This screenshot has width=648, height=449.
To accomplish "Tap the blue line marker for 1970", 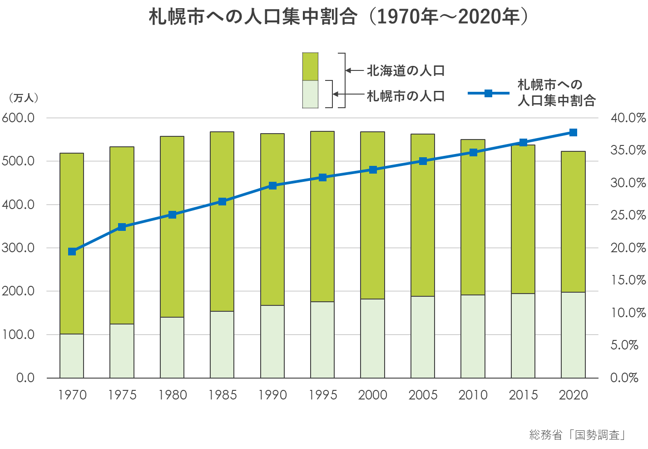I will pos(72,251).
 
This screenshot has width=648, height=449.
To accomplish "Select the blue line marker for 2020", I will pos(573,132).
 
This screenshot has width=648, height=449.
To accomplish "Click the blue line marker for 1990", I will pos(272,185).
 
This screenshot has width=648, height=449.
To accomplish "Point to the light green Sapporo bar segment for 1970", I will pos(72,356).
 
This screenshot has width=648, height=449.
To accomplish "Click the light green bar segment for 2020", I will pos(573,335).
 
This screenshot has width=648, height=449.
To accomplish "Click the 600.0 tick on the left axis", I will pos(18,118).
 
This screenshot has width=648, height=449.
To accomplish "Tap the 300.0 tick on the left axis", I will pos(18,248).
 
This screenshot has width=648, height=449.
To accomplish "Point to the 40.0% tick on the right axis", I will pos(628,118).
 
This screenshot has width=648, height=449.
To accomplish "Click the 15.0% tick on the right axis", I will pos(628,280).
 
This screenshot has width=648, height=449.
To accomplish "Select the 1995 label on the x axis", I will pos(323,395).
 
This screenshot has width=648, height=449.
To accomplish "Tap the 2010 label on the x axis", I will pos(473,395).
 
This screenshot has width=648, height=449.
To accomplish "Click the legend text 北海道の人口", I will pos(406,71).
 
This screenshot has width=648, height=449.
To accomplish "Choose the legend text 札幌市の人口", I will pos(406,96).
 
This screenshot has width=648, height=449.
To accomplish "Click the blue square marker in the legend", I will pos(489,93).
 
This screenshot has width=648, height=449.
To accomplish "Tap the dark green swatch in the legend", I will pos(311,66).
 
